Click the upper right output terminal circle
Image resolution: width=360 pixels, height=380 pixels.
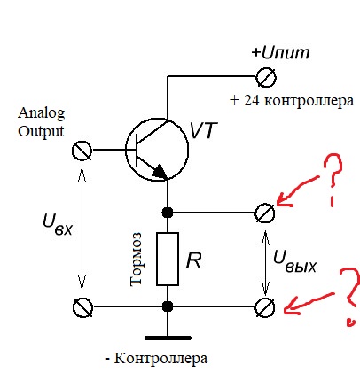263,213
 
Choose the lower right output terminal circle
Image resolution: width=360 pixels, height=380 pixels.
263,307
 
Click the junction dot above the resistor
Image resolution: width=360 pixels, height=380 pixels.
168,213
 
